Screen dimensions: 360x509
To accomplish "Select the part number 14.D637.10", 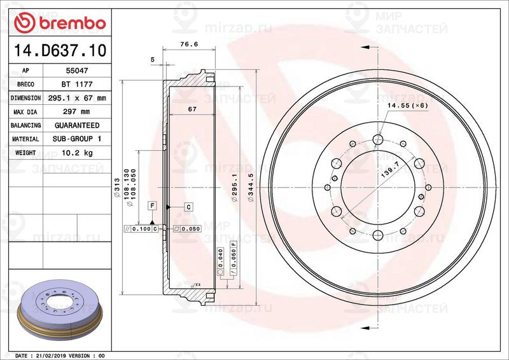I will click(x=58, y=48).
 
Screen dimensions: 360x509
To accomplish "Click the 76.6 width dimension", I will click(x=185, y=45).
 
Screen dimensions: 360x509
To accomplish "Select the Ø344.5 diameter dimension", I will click(x=251, y=188).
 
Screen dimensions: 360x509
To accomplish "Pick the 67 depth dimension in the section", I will click(x=191, y=110).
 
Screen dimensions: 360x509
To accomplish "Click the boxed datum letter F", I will click(x=153, y=205).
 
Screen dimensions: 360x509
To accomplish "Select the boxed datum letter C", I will click(x=189, y=207).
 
